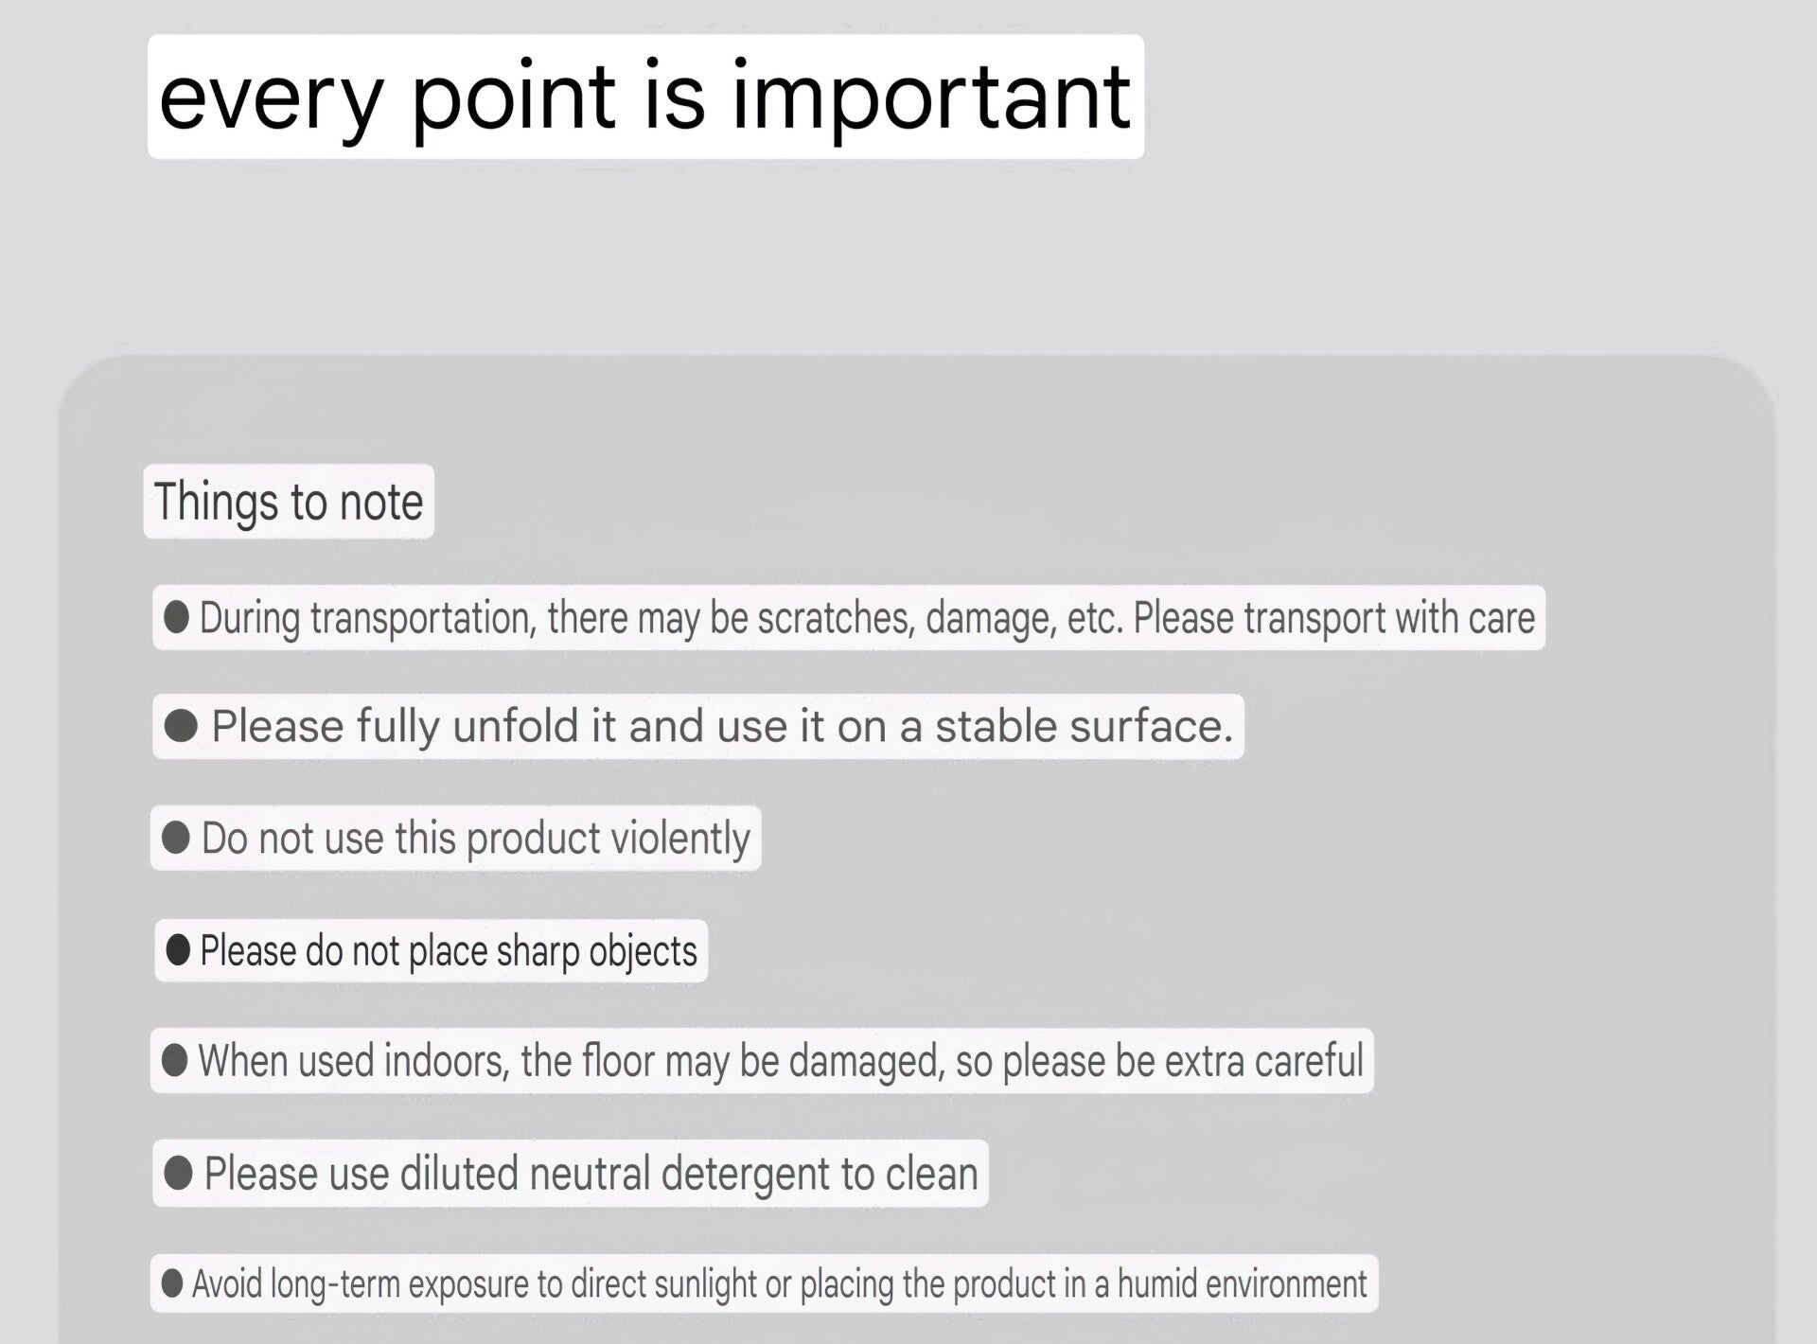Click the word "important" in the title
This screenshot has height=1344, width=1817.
coord(931,98)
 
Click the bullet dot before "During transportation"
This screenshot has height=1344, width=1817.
coord(176,617)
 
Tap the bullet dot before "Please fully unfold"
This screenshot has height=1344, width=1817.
coord(181,726)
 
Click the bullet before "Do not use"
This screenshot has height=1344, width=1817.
coord(176,838)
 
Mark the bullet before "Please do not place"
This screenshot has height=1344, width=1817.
coord(178,949)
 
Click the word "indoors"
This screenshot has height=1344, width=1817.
coord(444,1061)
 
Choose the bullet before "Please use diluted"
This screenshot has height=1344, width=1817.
coord(179,1174)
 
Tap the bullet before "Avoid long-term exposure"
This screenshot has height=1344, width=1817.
coord(172,1283)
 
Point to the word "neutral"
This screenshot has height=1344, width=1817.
coord(590,1174)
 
